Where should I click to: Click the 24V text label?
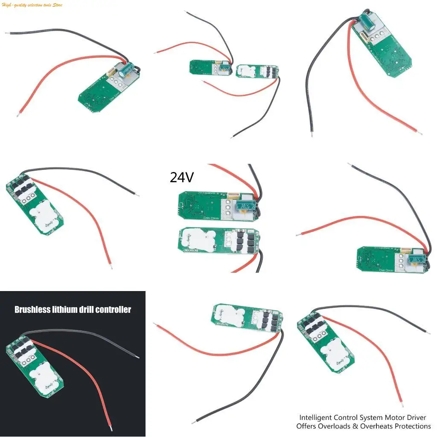182,177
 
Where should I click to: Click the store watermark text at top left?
32,5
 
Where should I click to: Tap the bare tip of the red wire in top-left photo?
18,114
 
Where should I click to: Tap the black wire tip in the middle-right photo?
349,164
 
